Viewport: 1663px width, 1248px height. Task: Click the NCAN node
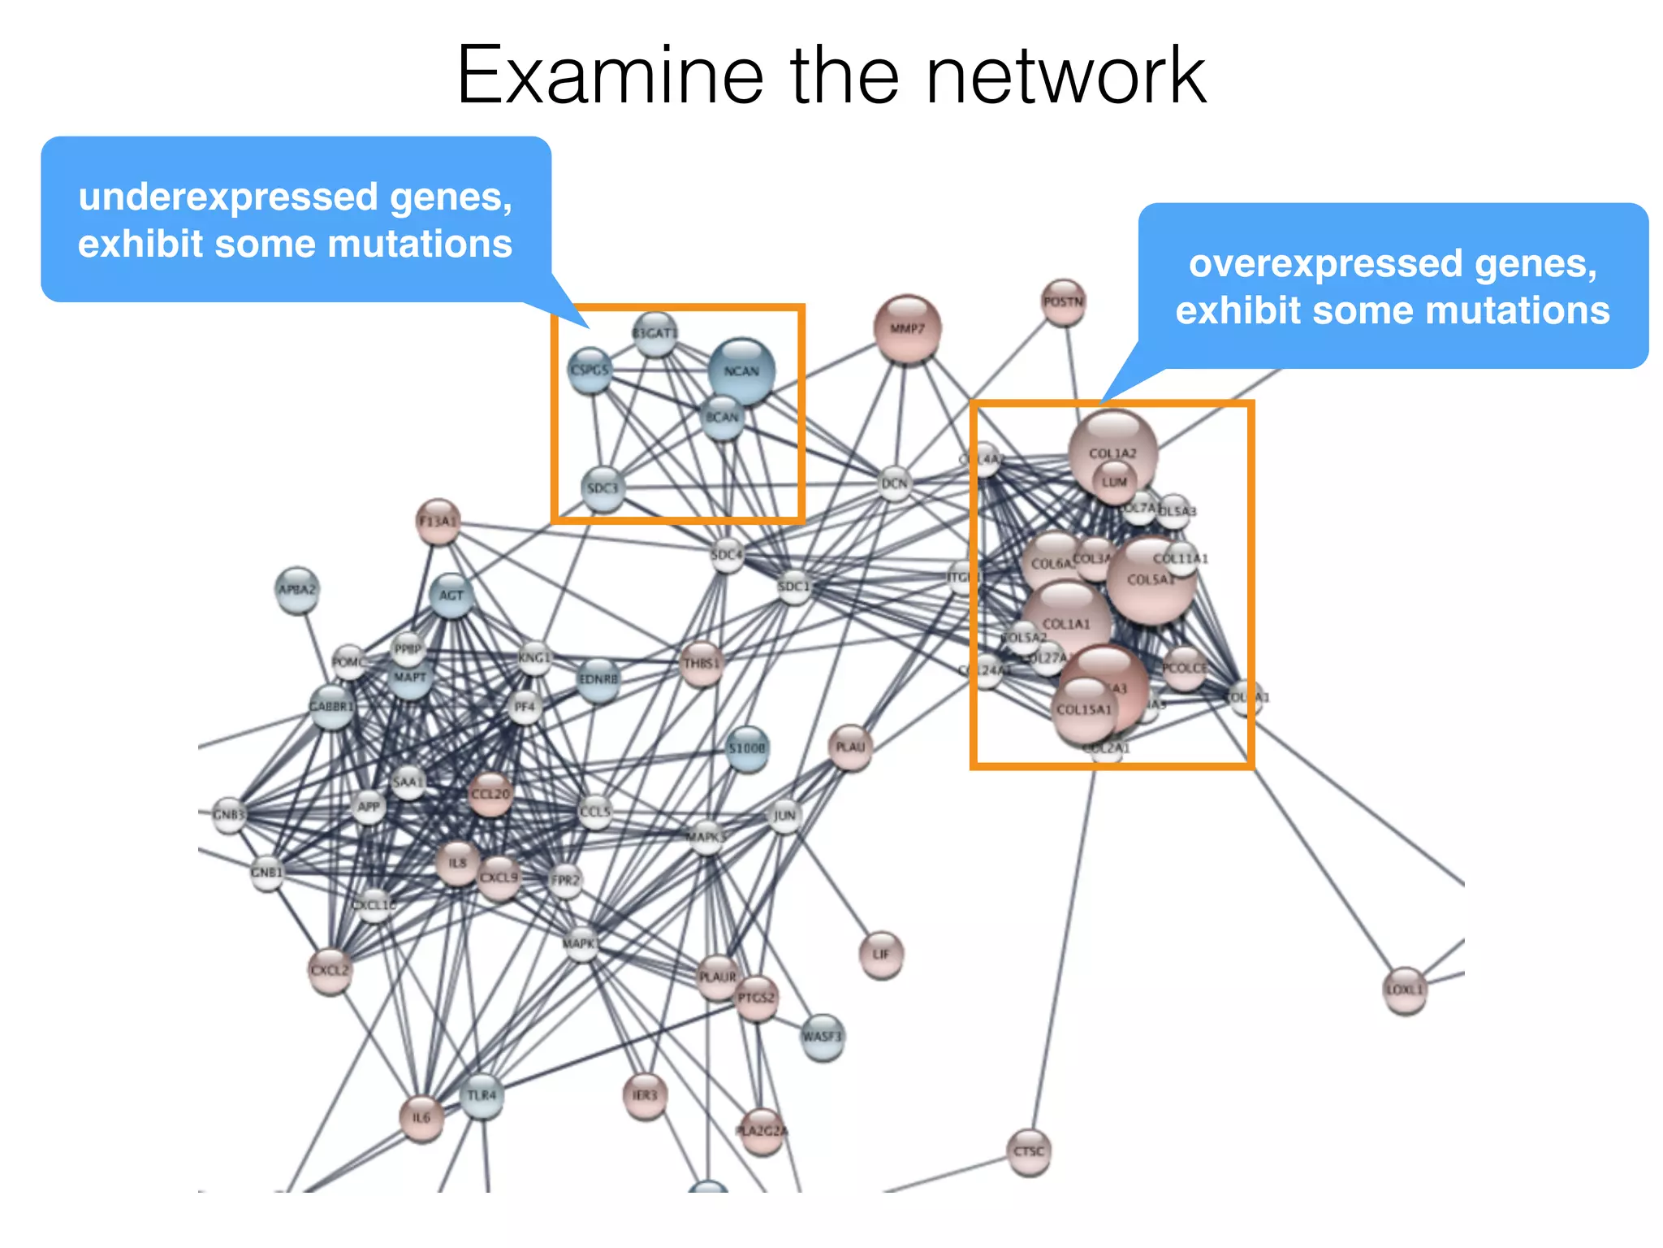click(741, 371)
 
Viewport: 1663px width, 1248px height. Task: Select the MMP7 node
click(907, 328)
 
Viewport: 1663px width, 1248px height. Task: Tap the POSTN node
click(1063, 301)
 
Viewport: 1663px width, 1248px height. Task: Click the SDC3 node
click(603, 488)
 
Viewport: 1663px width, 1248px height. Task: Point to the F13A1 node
click(438, 521)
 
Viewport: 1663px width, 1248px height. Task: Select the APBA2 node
click(297, 589)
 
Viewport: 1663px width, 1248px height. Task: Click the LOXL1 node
click(1404, 990)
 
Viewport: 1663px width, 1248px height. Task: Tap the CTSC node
click(1029, 1151)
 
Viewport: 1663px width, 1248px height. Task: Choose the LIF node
click(881, 955)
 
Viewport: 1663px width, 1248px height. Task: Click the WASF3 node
click(822, 1037)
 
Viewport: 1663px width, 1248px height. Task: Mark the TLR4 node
click(482, 1095)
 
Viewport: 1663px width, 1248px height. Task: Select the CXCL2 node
click(330, 970)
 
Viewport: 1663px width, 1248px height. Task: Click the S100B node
click(747, 748)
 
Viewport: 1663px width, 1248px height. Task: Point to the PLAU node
click(850, 747)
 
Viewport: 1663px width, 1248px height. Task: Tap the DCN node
click(895, 483)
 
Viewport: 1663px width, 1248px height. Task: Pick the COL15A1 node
click(1084, 709)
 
